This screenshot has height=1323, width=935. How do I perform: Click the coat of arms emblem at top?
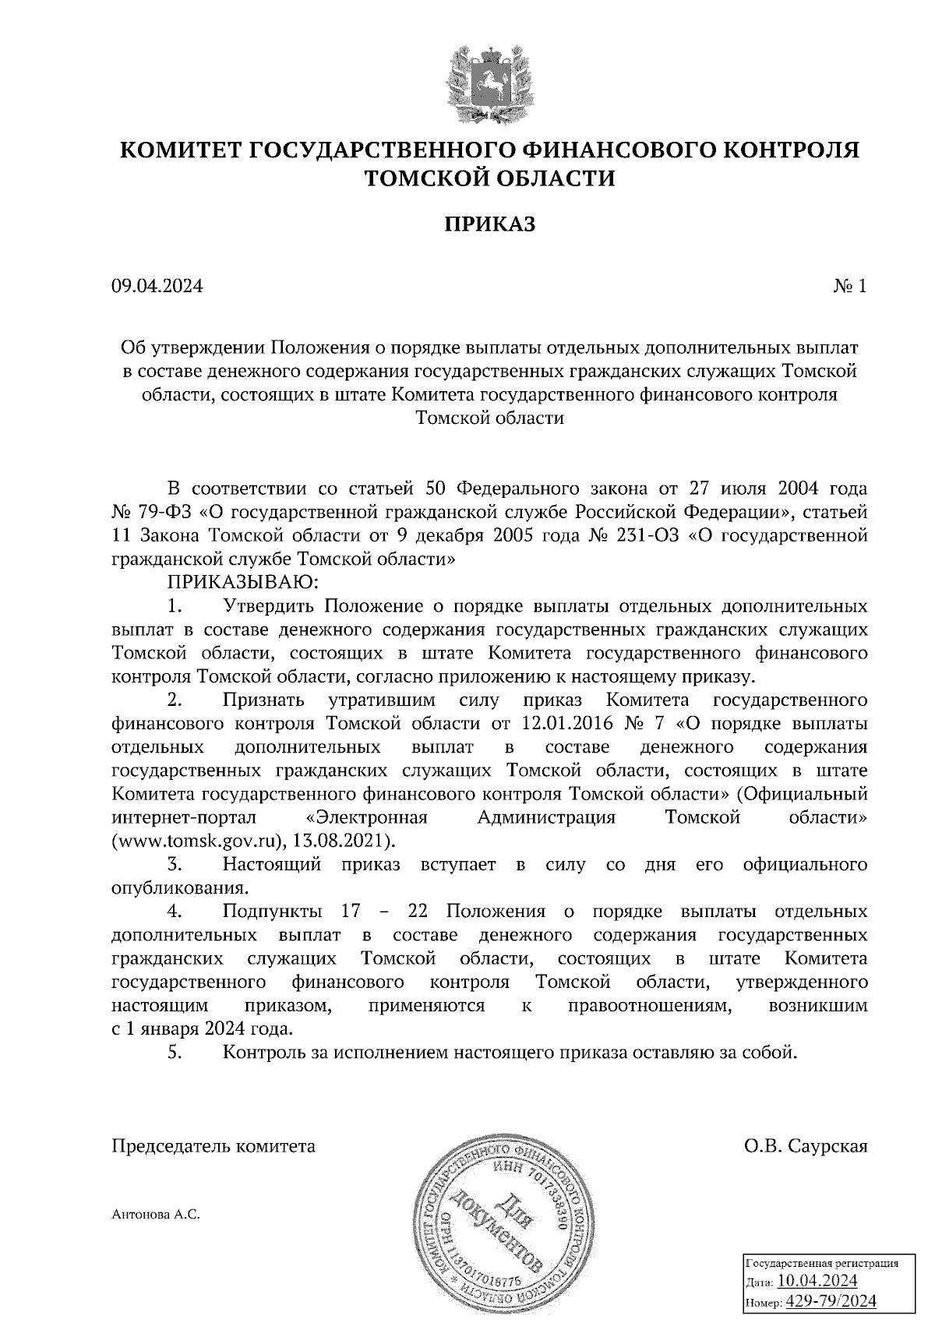point(490,86)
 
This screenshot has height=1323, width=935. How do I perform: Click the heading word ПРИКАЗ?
point(490,224)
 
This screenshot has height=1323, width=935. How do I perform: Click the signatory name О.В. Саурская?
point(806,1147)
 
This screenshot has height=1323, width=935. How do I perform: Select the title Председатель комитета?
point(214,1147)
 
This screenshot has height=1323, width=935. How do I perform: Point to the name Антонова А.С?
point(157,1214)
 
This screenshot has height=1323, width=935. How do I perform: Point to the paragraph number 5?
point(175,1053)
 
